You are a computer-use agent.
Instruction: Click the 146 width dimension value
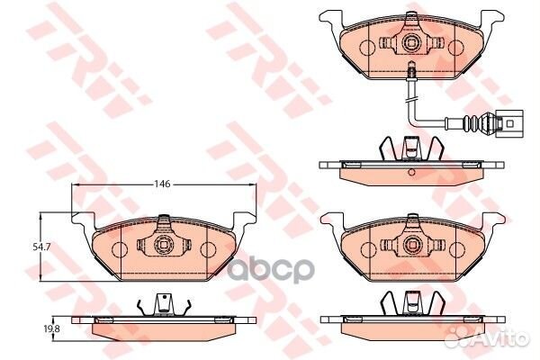162,184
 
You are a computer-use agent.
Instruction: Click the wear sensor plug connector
508,124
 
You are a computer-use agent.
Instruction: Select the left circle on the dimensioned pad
120,249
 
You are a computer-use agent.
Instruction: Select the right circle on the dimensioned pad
208,249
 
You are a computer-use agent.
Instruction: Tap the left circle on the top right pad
368,47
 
